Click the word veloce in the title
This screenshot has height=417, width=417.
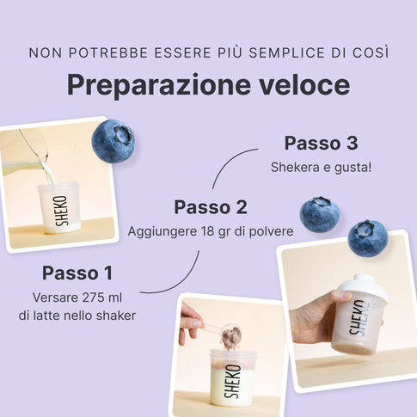coord(304,85)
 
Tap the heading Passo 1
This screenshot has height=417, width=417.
coord(77,273)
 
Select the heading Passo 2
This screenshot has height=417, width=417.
coord(211,207)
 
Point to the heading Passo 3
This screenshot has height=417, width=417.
coord(321,143)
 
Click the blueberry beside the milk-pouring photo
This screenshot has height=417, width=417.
coord(113,141)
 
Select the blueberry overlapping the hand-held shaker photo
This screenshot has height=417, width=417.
coord(368,238)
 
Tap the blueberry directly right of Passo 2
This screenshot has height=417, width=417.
coord(320,214)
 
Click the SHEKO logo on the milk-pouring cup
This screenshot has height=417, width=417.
coord(62,211)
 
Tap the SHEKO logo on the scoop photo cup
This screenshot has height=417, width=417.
coord(231,382)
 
